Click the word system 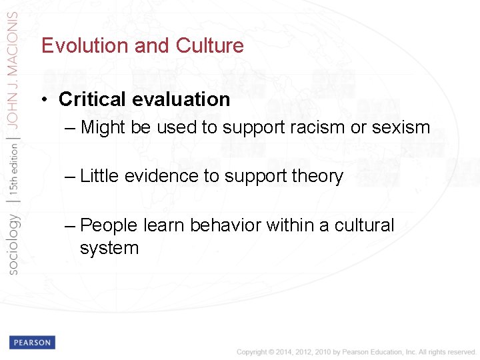pyautogui.click(x=109, y=248)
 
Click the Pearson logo pyautogui.click(x=32, y=342)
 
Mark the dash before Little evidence pyautogui.click(x=71, y=176)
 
